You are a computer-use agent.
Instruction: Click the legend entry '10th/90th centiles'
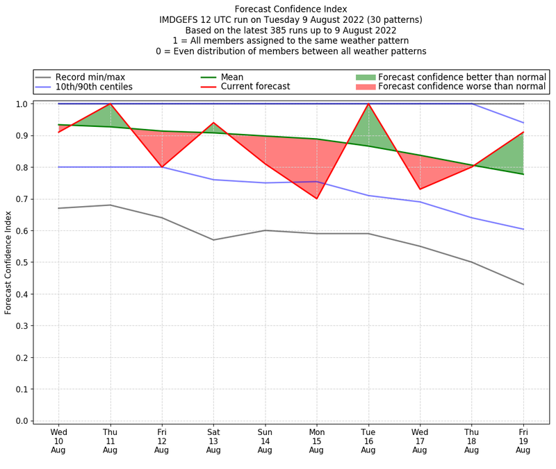click(x=94, y=87)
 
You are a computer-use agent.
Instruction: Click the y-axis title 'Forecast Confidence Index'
click(x=8, y=262)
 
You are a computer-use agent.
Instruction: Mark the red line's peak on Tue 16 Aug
click(x=368, y=104)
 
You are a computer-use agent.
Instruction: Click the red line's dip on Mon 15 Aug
click(x=316, y=198)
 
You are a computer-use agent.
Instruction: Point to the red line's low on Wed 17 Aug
click(x=420, y=189)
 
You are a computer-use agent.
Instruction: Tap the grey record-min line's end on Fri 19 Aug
click(x=523, y=284)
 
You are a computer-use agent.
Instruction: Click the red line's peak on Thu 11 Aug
click(x=110, y=104)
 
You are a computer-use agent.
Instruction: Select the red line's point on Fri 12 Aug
click(x=162, y=167)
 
